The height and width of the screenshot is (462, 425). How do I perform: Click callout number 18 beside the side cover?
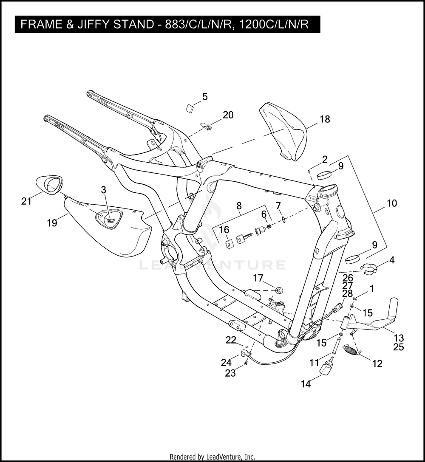(x=325, y=119)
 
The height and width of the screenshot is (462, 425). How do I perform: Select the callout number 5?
(x=205, y=97)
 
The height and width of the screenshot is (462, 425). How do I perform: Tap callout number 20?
(x=228, y=115)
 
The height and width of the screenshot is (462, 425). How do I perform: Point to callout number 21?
(x=26, y=201)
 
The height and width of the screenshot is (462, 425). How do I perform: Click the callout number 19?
(x=52, y=223)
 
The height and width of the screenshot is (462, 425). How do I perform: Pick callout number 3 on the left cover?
(x=103, y=190)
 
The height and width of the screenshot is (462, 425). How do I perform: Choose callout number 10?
(x=391, y=203)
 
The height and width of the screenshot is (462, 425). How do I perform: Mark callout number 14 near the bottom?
(x=306, y=384)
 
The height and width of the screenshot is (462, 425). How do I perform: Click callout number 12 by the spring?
(x=377, y=363)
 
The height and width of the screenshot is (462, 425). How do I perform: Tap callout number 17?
(x=258, y=279)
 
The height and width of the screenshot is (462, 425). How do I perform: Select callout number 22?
(x=231, y=340)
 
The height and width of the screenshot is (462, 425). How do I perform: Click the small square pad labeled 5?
(x=189, y=108)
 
